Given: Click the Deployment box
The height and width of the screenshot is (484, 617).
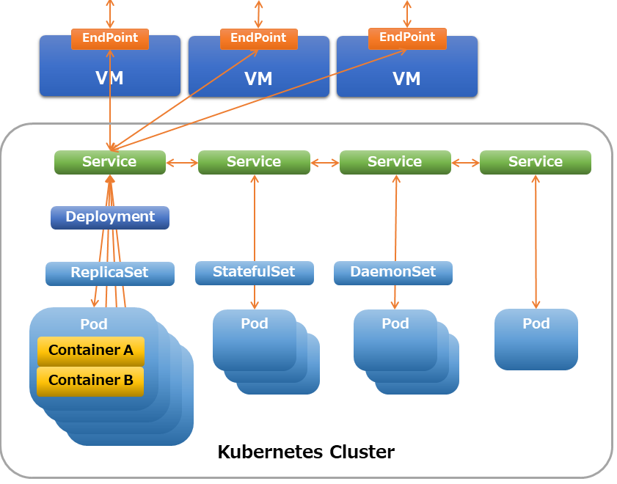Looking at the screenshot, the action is [110, 217].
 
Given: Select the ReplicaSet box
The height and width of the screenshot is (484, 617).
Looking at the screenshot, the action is [110, 274].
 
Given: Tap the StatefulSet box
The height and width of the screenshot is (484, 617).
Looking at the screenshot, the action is [255, 273].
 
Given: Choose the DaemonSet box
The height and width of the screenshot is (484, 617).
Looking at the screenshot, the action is [393, 273].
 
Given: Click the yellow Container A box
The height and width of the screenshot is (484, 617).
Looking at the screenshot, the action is [91, 351].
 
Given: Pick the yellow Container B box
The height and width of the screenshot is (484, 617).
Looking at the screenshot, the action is [90, 381].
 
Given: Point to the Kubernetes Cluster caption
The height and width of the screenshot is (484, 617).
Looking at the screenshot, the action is [306, 452].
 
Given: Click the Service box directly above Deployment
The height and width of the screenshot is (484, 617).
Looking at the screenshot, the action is [110, 162].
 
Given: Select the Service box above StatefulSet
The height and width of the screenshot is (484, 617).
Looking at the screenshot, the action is [254, 162].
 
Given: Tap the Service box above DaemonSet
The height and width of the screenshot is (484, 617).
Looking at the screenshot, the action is [395, 162].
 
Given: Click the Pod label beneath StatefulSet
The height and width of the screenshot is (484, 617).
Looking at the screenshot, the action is [255, 323].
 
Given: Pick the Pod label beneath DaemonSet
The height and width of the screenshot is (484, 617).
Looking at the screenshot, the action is [395, 323].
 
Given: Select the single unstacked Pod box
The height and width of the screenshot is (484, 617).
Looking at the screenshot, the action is [536, 340].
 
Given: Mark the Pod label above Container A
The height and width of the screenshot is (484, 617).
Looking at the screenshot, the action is [94, 324].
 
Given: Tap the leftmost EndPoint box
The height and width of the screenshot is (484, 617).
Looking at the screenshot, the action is [110, 39].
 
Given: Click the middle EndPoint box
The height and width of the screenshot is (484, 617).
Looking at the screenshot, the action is [258, 39].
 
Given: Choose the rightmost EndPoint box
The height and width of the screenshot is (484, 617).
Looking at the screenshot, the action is [407, 39].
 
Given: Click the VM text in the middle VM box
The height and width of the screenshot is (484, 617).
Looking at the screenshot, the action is [258, 78].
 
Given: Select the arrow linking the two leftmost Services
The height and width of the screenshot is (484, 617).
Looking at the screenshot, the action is [182, 162].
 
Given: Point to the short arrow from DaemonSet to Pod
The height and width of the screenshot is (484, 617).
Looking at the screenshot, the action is [395, 297].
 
